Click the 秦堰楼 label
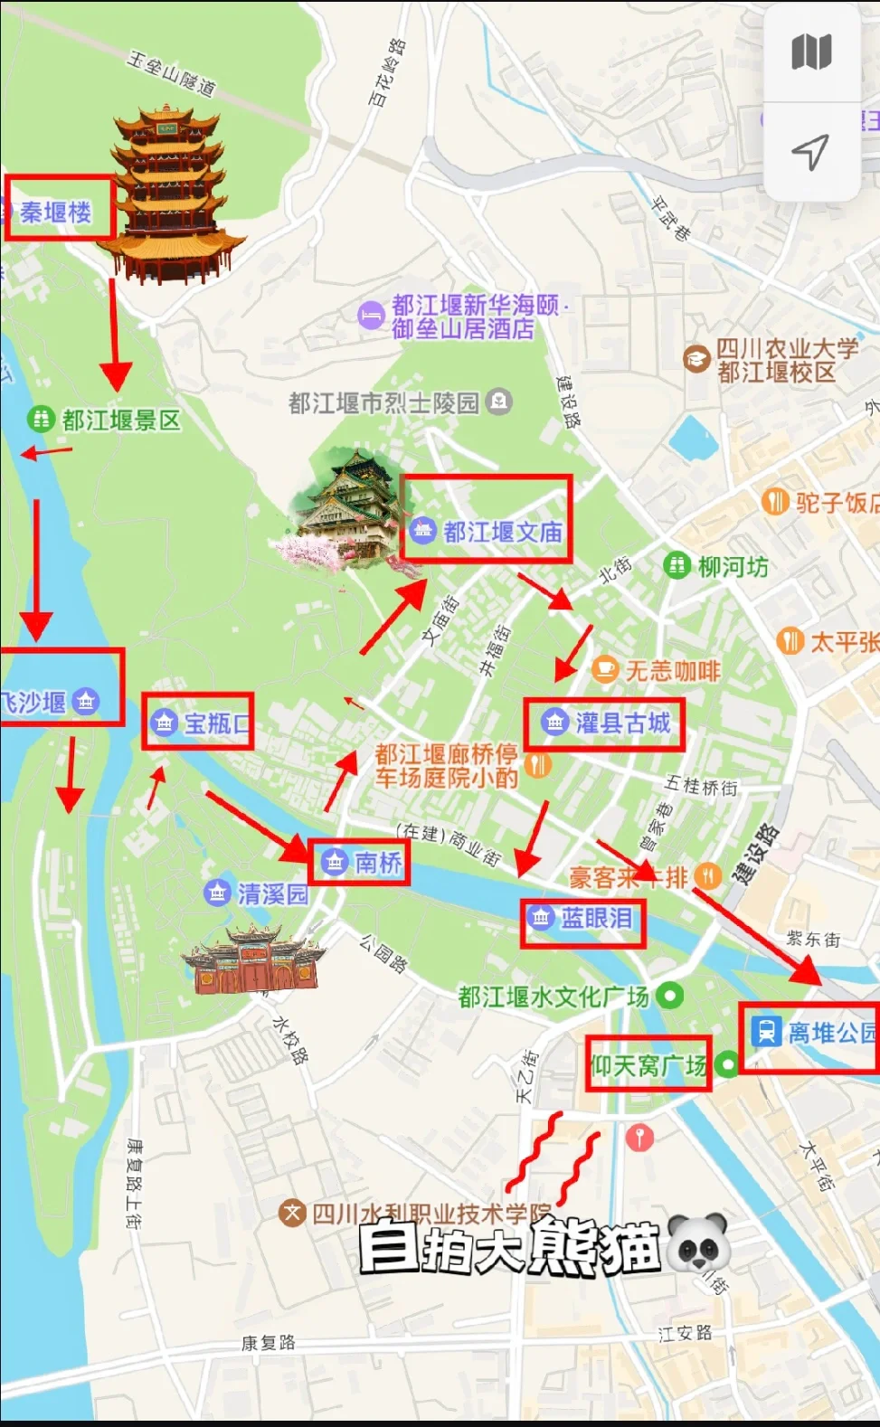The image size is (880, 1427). click(56, 212)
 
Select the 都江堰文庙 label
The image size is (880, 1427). click(502, 532)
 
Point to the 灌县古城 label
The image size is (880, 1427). click(622, 723)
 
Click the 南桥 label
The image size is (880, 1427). click(377, 862)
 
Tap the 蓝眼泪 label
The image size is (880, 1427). click(596, 918)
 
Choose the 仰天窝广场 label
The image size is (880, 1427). click(648, 1065)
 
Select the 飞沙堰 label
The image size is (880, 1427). click(34, 702)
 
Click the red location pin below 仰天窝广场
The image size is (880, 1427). click(639, 1136)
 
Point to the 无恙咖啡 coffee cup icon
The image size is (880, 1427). click(604, 670)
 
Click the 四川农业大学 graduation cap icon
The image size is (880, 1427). click(695, 359)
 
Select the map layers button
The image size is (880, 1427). click(811, 52)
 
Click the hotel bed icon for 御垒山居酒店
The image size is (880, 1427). click(371, 316)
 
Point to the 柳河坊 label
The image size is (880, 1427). click(733, 567)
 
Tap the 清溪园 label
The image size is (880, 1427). click(272, 893)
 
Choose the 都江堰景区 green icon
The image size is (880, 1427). click(40, 419)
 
